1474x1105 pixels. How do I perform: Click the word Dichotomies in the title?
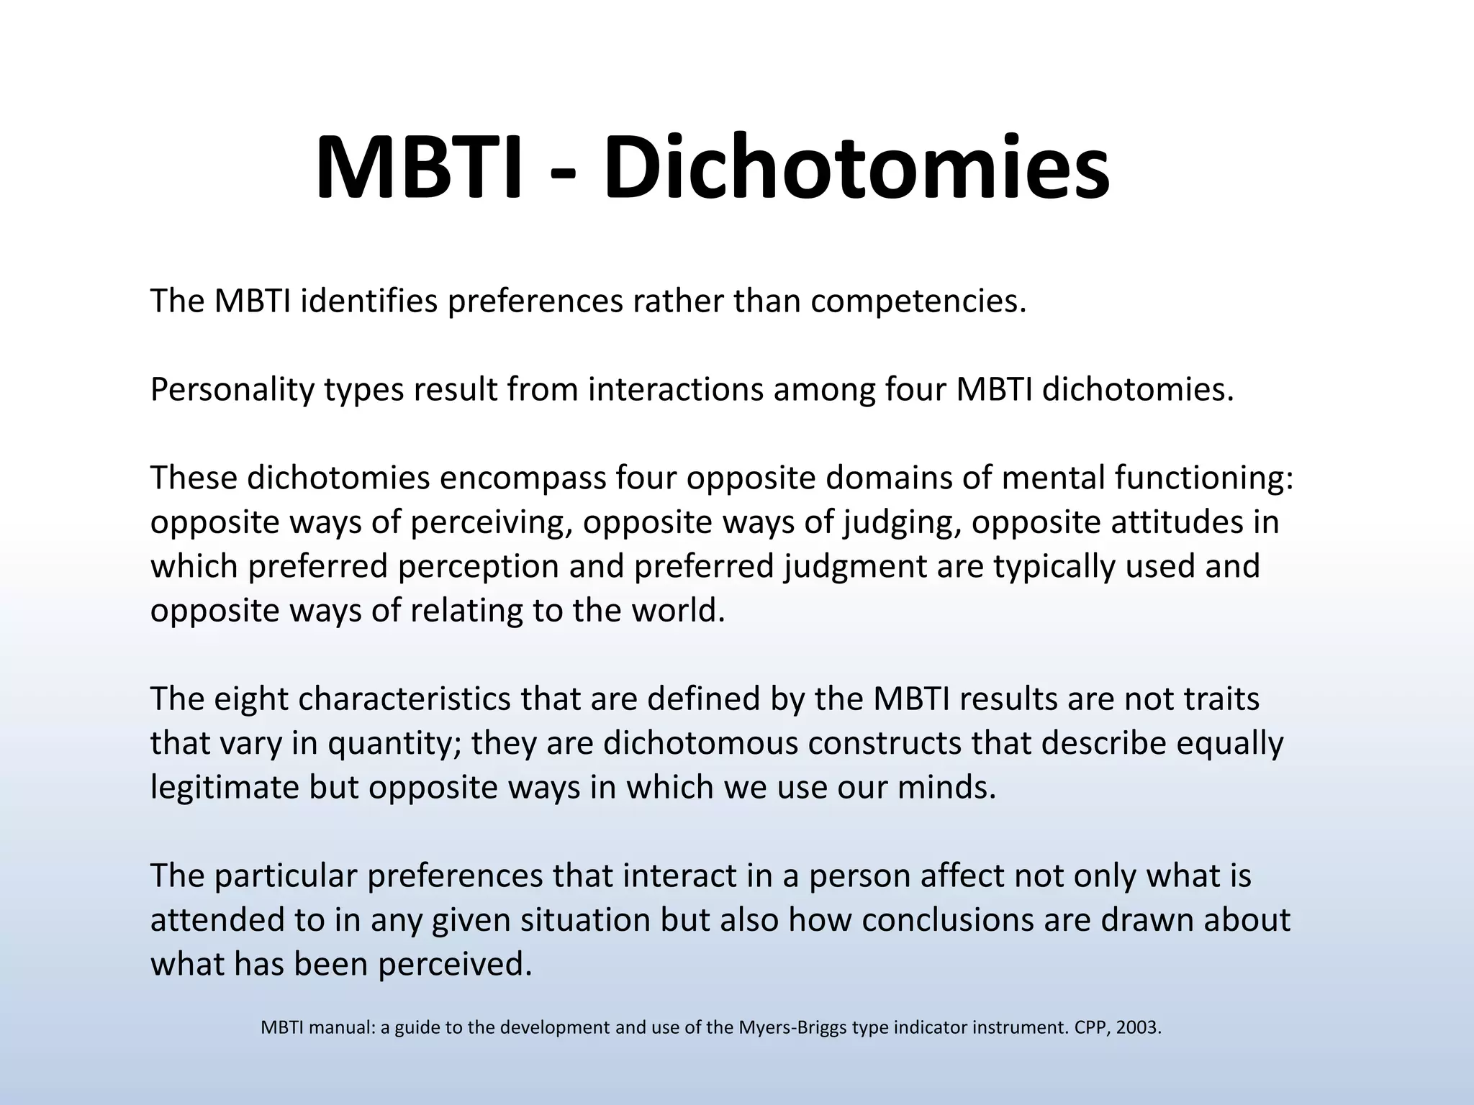(856, 168)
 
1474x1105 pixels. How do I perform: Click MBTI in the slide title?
(417, 168)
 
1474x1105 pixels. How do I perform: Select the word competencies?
(918, 301)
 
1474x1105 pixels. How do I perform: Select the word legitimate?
(225, 788)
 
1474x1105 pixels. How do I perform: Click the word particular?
(286, 876)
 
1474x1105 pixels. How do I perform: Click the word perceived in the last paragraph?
(455, 965)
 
